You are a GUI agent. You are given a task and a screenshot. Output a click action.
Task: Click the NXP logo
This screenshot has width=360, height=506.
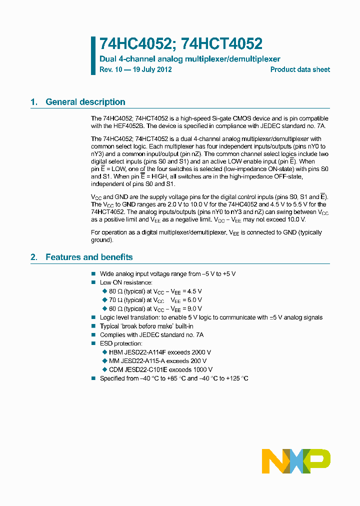click(x=296, y=461)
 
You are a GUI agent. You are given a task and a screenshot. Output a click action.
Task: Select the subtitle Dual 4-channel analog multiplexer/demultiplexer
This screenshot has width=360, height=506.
click(x=190, y=59)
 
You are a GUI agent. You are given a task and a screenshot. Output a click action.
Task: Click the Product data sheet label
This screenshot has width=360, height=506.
click(x=300, y=69)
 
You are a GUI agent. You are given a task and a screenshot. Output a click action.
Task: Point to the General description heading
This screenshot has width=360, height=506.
click(x=85, y=102)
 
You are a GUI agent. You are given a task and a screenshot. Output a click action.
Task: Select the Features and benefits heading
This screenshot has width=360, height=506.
click(x=89, y=257)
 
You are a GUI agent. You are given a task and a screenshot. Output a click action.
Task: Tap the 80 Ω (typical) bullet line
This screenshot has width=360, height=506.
click(x=155, y=291)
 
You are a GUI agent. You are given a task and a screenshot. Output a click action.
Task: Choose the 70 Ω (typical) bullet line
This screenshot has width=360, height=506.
click(x=155, y=300)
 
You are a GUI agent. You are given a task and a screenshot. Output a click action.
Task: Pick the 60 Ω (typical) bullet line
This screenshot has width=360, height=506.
click(x=155, y=309)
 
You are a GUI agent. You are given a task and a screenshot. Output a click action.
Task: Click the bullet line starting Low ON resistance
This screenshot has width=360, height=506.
click(x=126, y=282)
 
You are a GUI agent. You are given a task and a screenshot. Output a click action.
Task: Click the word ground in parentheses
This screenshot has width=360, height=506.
click(x=101, y=240)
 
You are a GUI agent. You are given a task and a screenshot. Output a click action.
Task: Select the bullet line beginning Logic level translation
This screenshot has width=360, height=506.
click(x=211, y=317)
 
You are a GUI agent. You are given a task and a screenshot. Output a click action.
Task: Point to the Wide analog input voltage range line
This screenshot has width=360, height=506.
click(x=167, y=274)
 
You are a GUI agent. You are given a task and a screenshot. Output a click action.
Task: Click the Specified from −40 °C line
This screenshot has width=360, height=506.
click(x=174, y=378)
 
